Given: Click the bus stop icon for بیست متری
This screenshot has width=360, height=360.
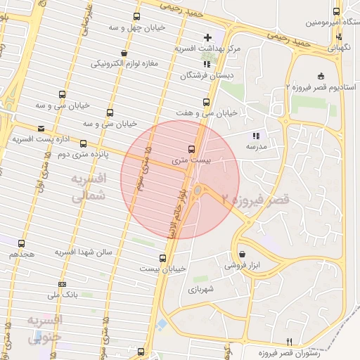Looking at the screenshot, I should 192,149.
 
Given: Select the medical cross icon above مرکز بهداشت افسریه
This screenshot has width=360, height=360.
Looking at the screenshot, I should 207,37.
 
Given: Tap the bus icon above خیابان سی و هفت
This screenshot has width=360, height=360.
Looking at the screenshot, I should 206,102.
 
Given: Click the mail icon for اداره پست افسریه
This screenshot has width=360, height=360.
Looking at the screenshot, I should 41,129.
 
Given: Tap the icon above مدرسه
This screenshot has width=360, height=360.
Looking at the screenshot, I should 255,136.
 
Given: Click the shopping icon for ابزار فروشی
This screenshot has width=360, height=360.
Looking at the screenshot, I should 243,255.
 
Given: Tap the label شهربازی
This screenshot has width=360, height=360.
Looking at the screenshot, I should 200,288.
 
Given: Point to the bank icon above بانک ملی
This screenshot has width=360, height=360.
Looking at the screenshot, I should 62,284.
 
